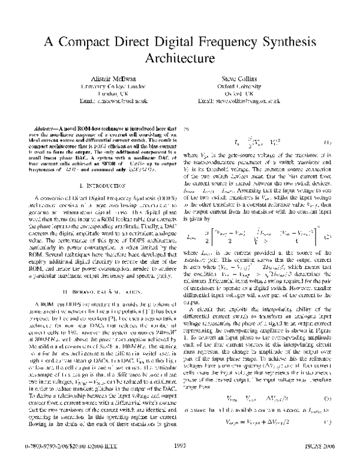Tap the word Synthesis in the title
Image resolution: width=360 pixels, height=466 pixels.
(x=290, y=42)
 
